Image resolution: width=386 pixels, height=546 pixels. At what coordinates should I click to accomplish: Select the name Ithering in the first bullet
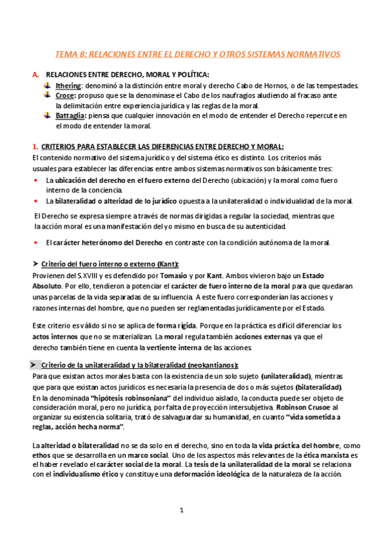tap(68, 86)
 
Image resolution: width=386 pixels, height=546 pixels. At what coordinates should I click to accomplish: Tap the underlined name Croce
tap(66, 95)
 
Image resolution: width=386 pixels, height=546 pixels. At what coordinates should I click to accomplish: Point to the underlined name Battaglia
tap(72, 115)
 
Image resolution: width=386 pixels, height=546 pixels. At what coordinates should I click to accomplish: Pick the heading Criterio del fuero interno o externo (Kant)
tap(110, 265)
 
